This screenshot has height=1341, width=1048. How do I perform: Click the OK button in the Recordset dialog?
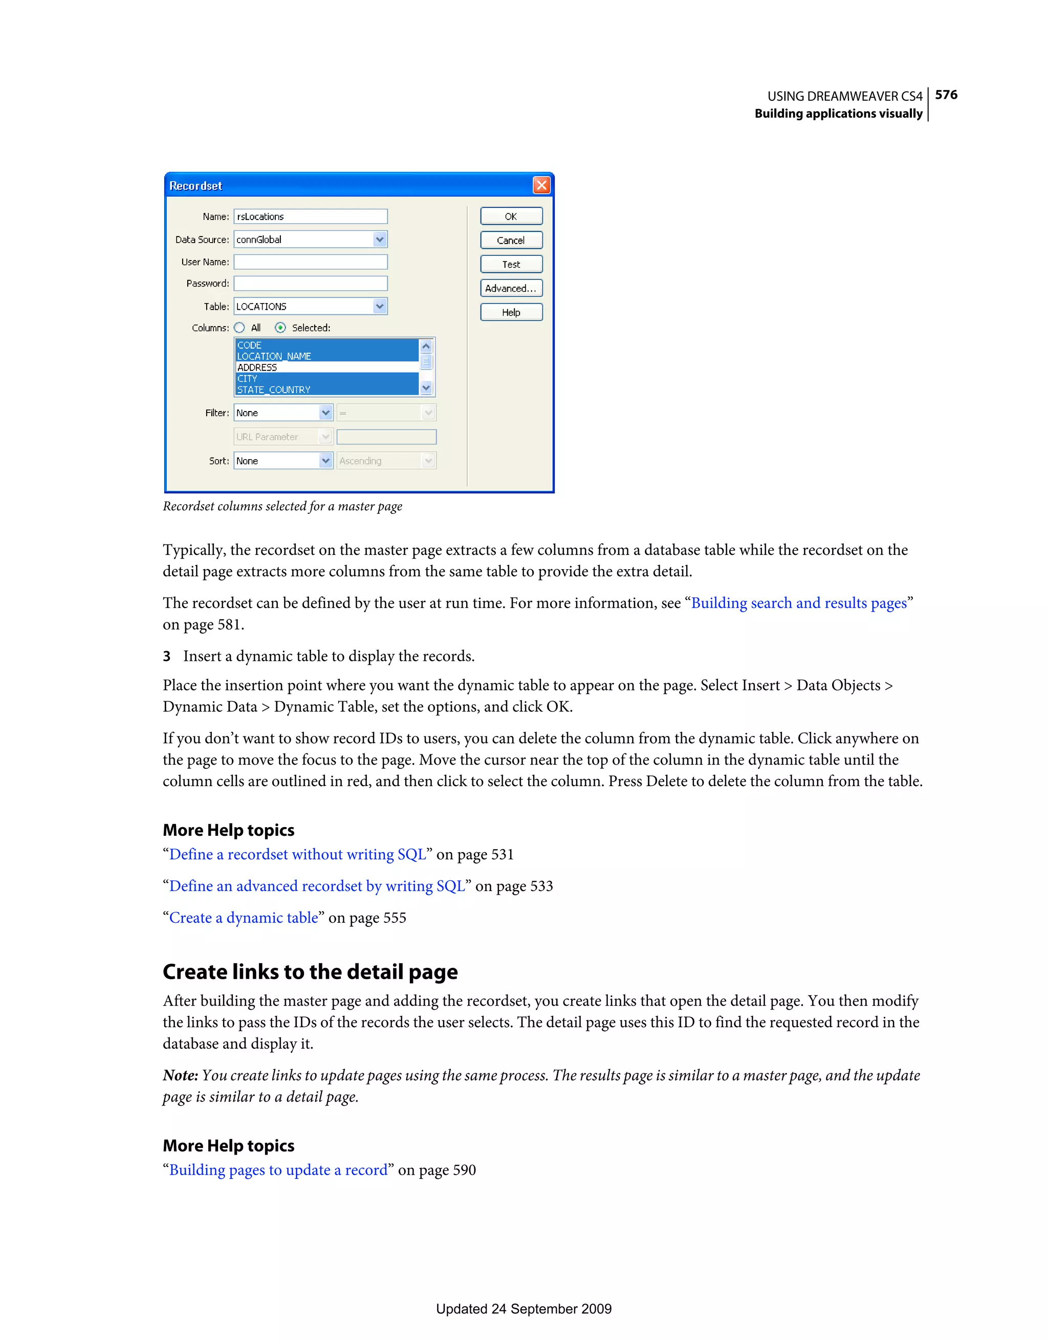coord(511,216)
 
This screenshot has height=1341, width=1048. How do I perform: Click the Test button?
coord(511,264)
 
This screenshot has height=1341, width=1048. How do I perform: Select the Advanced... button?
coord(511,288)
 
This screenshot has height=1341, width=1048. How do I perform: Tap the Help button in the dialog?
coord(511,312)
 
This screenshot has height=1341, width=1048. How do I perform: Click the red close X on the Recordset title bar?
coord(541,185)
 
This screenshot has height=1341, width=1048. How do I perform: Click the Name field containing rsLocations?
coord(310,216)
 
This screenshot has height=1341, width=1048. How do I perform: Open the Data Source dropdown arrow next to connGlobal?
coord(379,239)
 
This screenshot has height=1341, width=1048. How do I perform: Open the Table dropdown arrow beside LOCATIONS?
coord(379,306)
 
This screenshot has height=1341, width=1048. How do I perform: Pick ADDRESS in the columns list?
coord(257,367)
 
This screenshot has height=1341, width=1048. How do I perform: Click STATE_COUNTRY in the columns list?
coord(274,390)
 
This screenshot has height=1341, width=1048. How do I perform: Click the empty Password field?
coord(310,283)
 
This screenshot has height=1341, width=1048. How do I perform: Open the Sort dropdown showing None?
coord(325,461)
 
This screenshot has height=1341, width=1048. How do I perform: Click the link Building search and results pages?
coord(799,603)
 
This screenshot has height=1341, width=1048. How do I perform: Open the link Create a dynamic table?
coord(244,917)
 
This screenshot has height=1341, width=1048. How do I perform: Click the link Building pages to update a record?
coord(278,1170)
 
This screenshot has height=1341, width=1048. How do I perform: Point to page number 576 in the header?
coord(946,95)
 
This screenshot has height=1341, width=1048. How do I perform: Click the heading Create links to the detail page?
coord(310,971)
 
